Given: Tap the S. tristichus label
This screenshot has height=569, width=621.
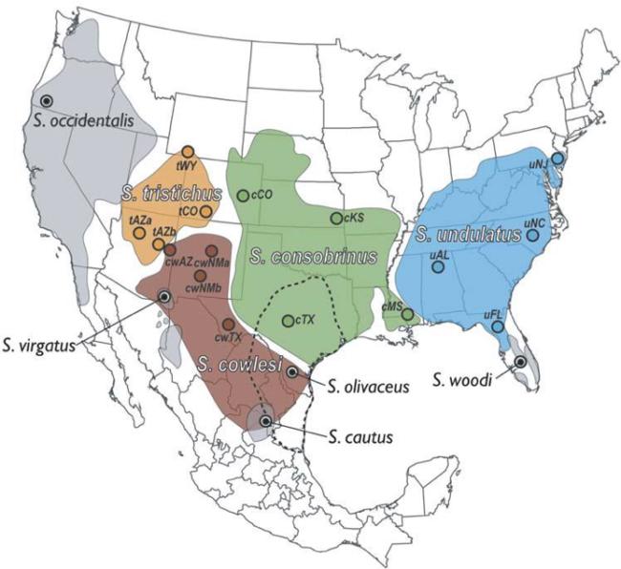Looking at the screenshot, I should (172, 193).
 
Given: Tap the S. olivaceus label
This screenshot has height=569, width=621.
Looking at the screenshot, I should (367, 387).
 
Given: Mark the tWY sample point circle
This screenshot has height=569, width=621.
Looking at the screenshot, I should (188, 151).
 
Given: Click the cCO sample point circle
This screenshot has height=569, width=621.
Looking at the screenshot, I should (244, 196).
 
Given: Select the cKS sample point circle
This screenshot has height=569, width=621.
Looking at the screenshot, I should (336, 219).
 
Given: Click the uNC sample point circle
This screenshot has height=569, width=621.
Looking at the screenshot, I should (533, 235).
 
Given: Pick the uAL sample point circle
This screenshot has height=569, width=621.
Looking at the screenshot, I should (438, 267).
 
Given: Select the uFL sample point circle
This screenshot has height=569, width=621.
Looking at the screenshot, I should (498, 327).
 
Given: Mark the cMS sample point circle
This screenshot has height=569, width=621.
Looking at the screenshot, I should (407, 314).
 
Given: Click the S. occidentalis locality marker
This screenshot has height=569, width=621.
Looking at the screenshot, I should (46, 100).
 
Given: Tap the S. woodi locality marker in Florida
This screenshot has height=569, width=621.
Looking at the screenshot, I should (520, 362).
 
